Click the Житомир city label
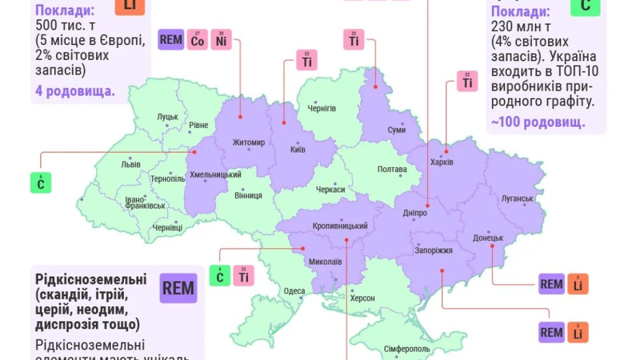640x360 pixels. tap(248, 142)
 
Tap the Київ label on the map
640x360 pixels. tap(297, 149)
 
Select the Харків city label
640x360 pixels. tap(441, 162)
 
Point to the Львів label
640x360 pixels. tap(131, 164)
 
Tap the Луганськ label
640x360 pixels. tap(517, 198)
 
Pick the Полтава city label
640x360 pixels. tap(392, 169)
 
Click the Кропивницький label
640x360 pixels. tap(340, 226)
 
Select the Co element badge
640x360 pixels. tap(197, 40)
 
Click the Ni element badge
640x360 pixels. tap(221, 40)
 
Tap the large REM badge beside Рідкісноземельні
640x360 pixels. tap(178, 288)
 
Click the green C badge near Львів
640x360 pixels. tap(41, 183)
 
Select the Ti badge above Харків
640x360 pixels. tap(467, 81)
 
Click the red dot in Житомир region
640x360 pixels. tap(240, 116)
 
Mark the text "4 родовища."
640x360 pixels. tap(75, 91)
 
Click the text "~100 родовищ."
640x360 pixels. tap(538, 123)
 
